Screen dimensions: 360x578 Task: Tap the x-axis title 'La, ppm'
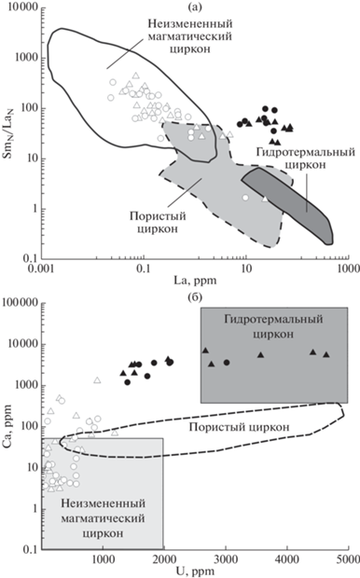pyautogui.click(x=195, y=281)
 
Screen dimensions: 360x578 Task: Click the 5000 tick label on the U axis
pyautogui.click(x=349, y=558)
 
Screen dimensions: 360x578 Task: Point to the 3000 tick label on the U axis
pyautogui.click(x=226, y=558)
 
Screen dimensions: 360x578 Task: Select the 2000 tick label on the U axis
pyautogui.click(x=164, y=558)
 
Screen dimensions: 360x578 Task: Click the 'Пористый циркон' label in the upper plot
pyautogui.click(x=158, y=222)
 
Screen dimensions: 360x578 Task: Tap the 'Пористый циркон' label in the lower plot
pyautogui.click(x=239, y=427)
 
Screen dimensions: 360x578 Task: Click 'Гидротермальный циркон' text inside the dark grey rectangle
pyautogui.click(x=273, y=326)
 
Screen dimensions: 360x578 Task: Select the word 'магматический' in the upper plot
pyautogui.click(x=190, y=36)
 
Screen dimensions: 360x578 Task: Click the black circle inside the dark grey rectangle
pyautogui.click(x=227, y=363)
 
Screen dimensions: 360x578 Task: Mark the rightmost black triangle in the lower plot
pyautogui.click(x=326, y=354)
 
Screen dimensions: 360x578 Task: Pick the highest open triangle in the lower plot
pyautogui.click(x=97, y=380)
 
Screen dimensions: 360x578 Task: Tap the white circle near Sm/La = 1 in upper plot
pyautogui.click(x=245, y=198)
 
